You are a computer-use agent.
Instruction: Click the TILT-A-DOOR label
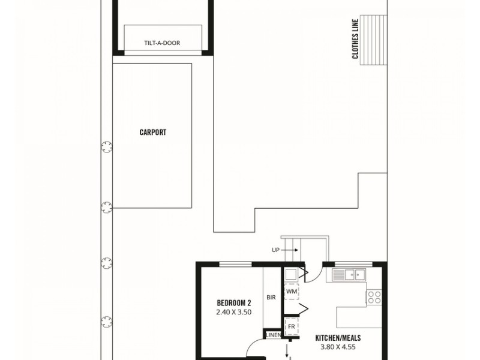[x=162, y=43]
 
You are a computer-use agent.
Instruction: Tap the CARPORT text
[x=152, y=132]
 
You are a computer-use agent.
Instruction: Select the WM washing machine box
[x=291, y=292]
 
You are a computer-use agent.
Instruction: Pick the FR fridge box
[x=291, y=326]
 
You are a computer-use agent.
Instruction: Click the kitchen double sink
[x=349, y=275]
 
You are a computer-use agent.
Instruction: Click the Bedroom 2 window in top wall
[x=235, y=264]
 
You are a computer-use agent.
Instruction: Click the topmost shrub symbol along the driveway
[x=106, y=146]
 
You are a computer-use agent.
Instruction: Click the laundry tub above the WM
[x=290, y=275]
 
